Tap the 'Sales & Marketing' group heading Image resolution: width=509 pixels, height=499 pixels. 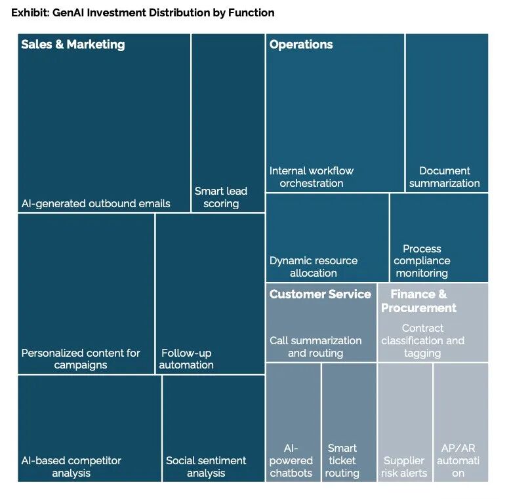[x=73, y=45]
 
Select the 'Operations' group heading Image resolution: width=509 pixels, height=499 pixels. [x=301, y=45]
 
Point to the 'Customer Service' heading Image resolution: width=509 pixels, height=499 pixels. [x=320, y=294]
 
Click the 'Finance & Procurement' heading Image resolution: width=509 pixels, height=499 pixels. [x=418, y=301]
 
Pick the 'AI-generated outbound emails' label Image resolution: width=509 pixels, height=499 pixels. [x=96, y=203]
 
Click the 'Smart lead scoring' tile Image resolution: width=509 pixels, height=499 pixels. [x=228, y=123]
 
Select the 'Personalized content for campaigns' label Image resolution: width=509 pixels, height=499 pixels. [x=81, y=359]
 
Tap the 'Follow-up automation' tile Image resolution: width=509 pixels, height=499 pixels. [x=210, y=294]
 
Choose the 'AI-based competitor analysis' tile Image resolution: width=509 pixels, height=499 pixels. [x=90, y=429]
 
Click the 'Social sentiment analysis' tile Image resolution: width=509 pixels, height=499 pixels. [x=214, y=429]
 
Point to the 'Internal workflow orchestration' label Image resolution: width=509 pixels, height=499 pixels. [x=312, y=177]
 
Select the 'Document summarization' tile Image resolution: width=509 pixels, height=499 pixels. [x=447, y=113]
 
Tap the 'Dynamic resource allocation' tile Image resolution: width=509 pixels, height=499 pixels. [x=327, y=238]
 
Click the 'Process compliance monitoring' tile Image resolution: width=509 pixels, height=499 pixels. [x=439, y=238]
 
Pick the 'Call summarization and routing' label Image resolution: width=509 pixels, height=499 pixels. [x=316, y=346]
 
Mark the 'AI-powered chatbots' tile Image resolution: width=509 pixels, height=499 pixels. [x=293, y=422]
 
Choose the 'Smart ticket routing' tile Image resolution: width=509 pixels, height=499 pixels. [x=350, y=422]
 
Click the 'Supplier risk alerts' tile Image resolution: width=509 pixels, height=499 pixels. [x=405, y=422]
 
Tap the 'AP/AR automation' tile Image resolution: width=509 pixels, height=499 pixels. [x=461, y=422]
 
